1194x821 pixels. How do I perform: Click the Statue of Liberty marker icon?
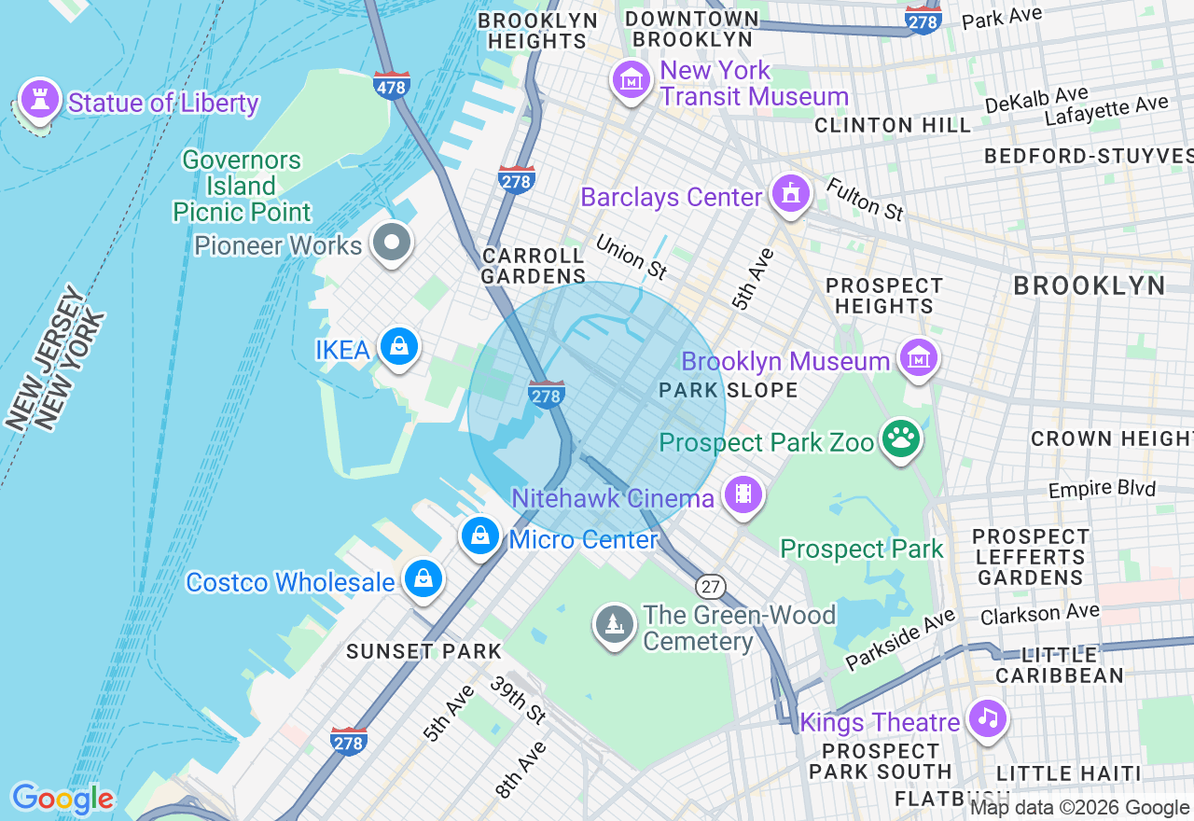coord(39,99)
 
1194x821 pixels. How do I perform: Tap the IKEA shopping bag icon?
coord(399,347)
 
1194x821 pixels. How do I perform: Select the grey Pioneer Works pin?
coord(392,243)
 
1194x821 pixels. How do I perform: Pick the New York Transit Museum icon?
coord(632,81)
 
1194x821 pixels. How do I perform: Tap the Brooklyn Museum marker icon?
coord(918,358)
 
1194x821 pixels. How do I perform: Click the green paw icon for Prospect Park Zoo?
coord(899,439)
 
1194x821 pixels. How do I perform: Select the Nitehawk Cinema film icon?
coord(743,495)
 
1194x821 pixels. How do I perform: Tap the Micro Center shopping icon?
coord(480,536)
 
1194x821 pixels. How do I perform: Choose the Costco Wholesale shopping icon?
coord(423,579)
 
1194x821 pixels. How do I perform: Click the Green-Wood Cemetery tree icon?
coord(615,626)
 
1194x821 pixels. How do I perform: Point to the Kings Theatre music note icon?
coord(988,719)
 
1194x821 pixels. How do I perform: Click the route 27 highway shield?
coord(711,586)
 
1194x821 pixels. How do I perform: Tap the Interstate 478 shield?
coord(391,85)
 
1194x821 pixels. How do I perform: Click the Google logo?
coord(62,799)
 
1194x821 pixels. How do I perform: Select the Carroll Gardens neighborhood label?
coord(533,266)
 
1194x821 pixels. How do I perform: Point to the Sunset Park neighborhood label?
coord(424,651)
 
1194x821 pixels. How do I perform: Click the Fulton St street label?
coord(865,199)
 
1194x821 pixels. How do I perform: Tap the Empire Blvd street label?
coord(1102,489)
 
